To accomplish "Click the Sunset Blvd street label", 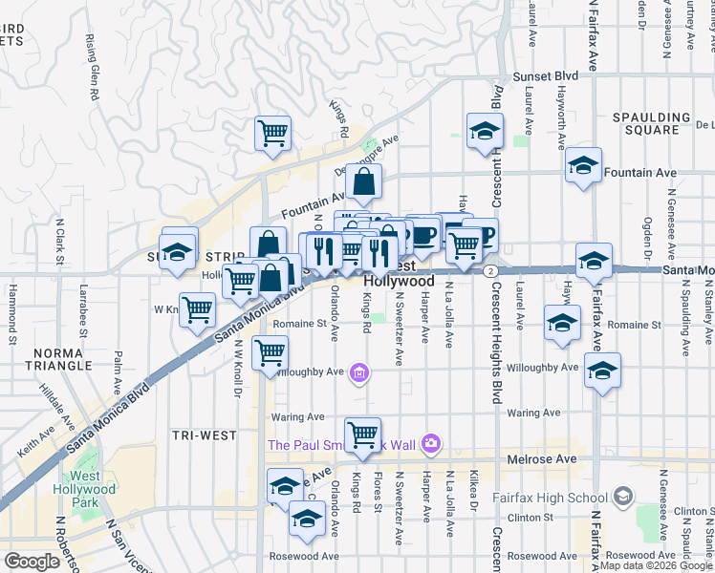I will (x=546, y=75).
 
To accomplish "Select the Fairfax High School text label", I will (x=550, y=497).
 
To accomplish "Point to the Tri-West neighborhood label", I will (x=204, y=435).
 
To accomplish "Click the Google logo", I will (x=32, y=562).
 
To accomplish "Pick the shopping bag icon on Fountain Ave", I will (x=363, y=181).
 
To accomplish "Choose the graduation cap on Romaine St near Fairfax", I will (x=562, y=322).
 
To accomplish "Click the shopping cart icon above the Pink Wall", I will (x=362, y=435).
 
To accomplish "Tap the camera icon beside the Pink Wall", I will (x=431, y=443).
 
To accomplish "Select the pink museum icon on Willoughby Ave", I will (x=359, y=372).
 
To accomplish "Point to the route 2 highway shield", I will (x=489, y=271).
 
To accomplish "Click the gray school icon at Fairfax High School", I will (x=623, y=496).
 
